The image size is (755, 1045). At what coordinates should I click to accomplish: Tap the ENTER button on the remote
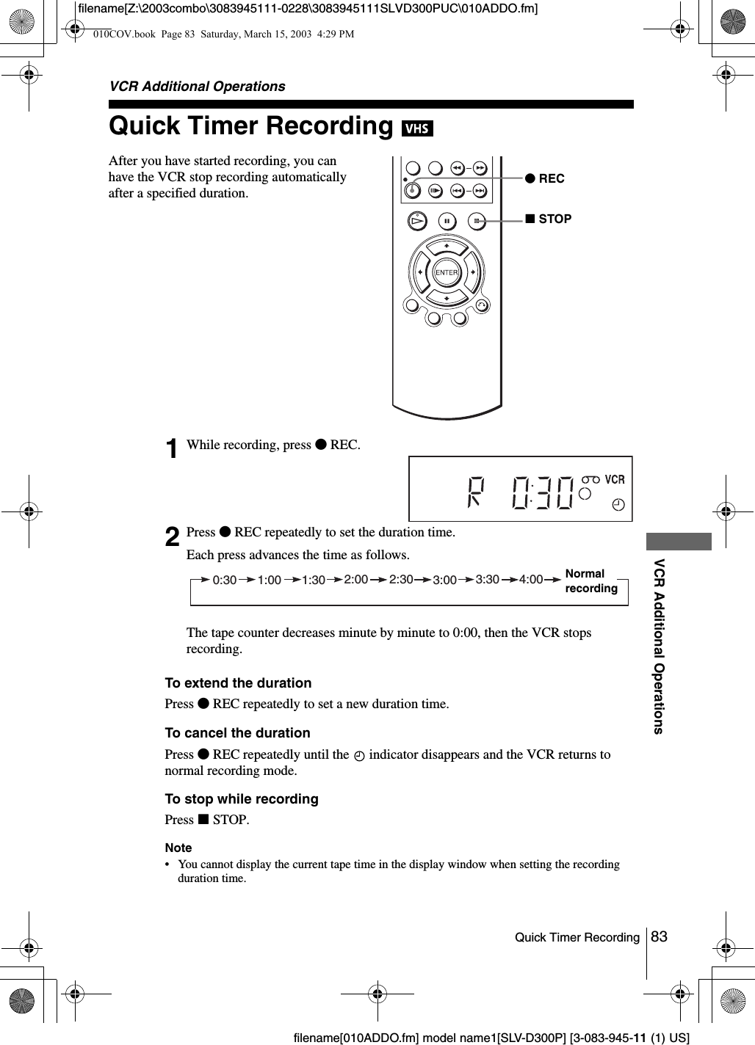(447, 273)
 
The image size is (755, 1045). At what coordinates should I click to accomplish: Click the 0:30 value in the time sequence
(225, 580)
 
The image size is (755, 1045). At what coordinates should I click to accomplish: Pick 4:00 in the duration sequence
(531, 579)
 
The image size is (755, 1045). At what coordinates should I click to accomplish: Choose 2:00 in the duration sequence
(356, 579)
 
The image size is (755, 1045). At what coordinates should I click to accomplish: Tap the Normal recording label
(591, 580)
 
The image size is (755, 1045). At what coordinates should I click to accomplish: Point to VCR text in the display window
(615, 480)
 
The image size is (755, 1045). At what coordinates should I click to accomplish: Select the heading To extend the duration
(238, 683)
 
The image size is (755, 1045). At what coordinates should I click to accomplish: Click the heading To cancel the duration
(237, 733)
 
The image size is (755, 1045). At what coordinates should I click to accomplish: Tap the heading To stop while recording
(242, 799)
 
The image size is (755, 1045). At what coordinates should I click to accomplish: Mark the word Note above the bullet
(178, 848)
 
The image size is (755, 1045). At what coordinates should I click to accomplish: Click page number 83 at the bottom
(660, 936)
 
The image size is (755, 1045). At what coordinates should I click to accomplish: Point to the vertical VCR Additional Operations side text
(659, 646)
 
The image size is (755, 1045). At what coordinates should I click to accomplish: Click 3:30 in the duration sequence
(488, 579)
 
